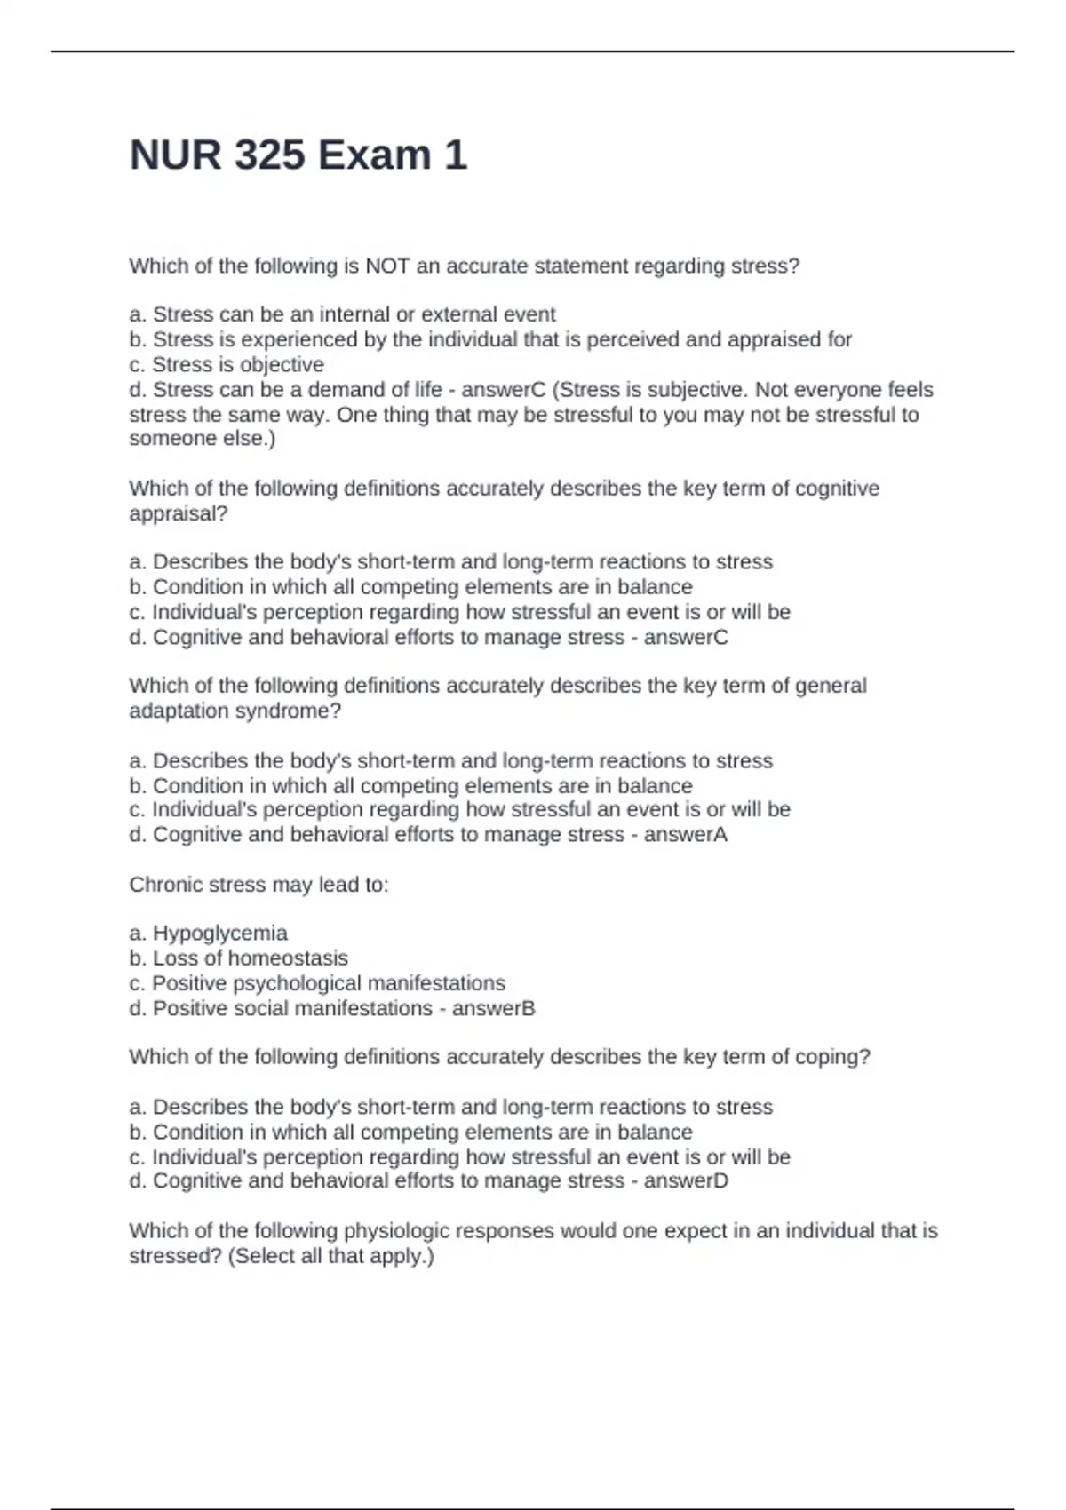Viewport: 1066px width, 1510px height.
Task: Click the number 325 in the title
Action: point(270,155)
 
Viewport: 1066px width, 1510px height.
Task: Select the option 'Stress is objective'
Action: point(238,364)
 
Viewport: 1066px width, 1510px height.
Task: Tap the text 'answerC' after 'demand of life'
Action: point(504,390)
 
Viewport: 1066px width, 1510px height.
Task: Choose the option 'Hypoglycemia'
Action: point(220,933)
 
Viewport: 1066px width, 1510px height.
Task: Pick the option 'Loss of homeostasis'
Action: point(251,958)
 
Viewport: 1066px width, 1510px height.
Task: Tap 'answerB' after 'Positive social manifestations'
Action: point(493,1008)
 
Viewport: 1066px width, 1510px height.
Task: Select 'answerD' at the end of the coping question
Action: point(686,1180)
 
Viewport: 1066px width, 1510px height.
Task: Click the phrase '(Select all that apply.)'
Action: point(331,1256)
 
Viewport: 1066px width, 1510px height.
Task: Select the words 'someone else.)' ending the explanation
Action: point(203,439)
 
